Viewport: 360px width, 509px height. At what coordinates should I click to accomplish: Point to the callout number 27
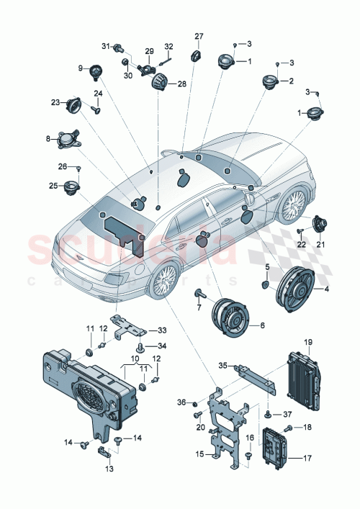coord(199,35)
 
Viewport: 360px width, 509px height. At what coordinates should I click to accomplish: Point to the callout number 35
coord(223,366)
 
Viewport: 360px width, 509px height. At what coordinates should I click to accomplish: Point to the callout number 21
coord(321,245)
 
